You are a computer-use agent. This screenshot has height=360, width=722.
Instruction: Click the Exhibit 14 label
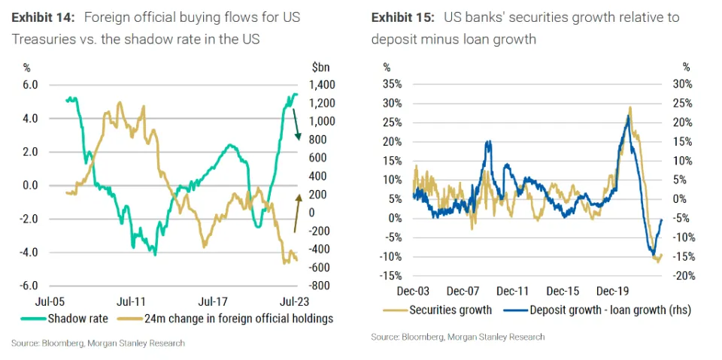39,16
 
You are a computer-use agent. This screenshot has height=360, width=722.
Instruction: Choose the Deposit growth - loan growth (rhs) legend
595,310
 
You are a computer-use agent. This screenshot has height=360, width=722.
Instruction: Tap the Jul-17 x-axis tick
215,302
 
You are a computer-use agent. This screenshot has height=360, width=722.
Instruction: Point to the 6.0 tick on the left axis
29,85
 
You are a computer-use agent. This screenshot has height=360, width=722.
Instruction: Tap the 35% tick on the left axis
394,84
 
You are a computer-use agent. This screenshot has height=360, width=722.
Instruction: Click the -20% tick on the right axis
680,276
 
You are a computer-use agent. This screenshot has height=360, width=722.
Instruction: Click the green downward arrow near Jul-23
297,124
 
